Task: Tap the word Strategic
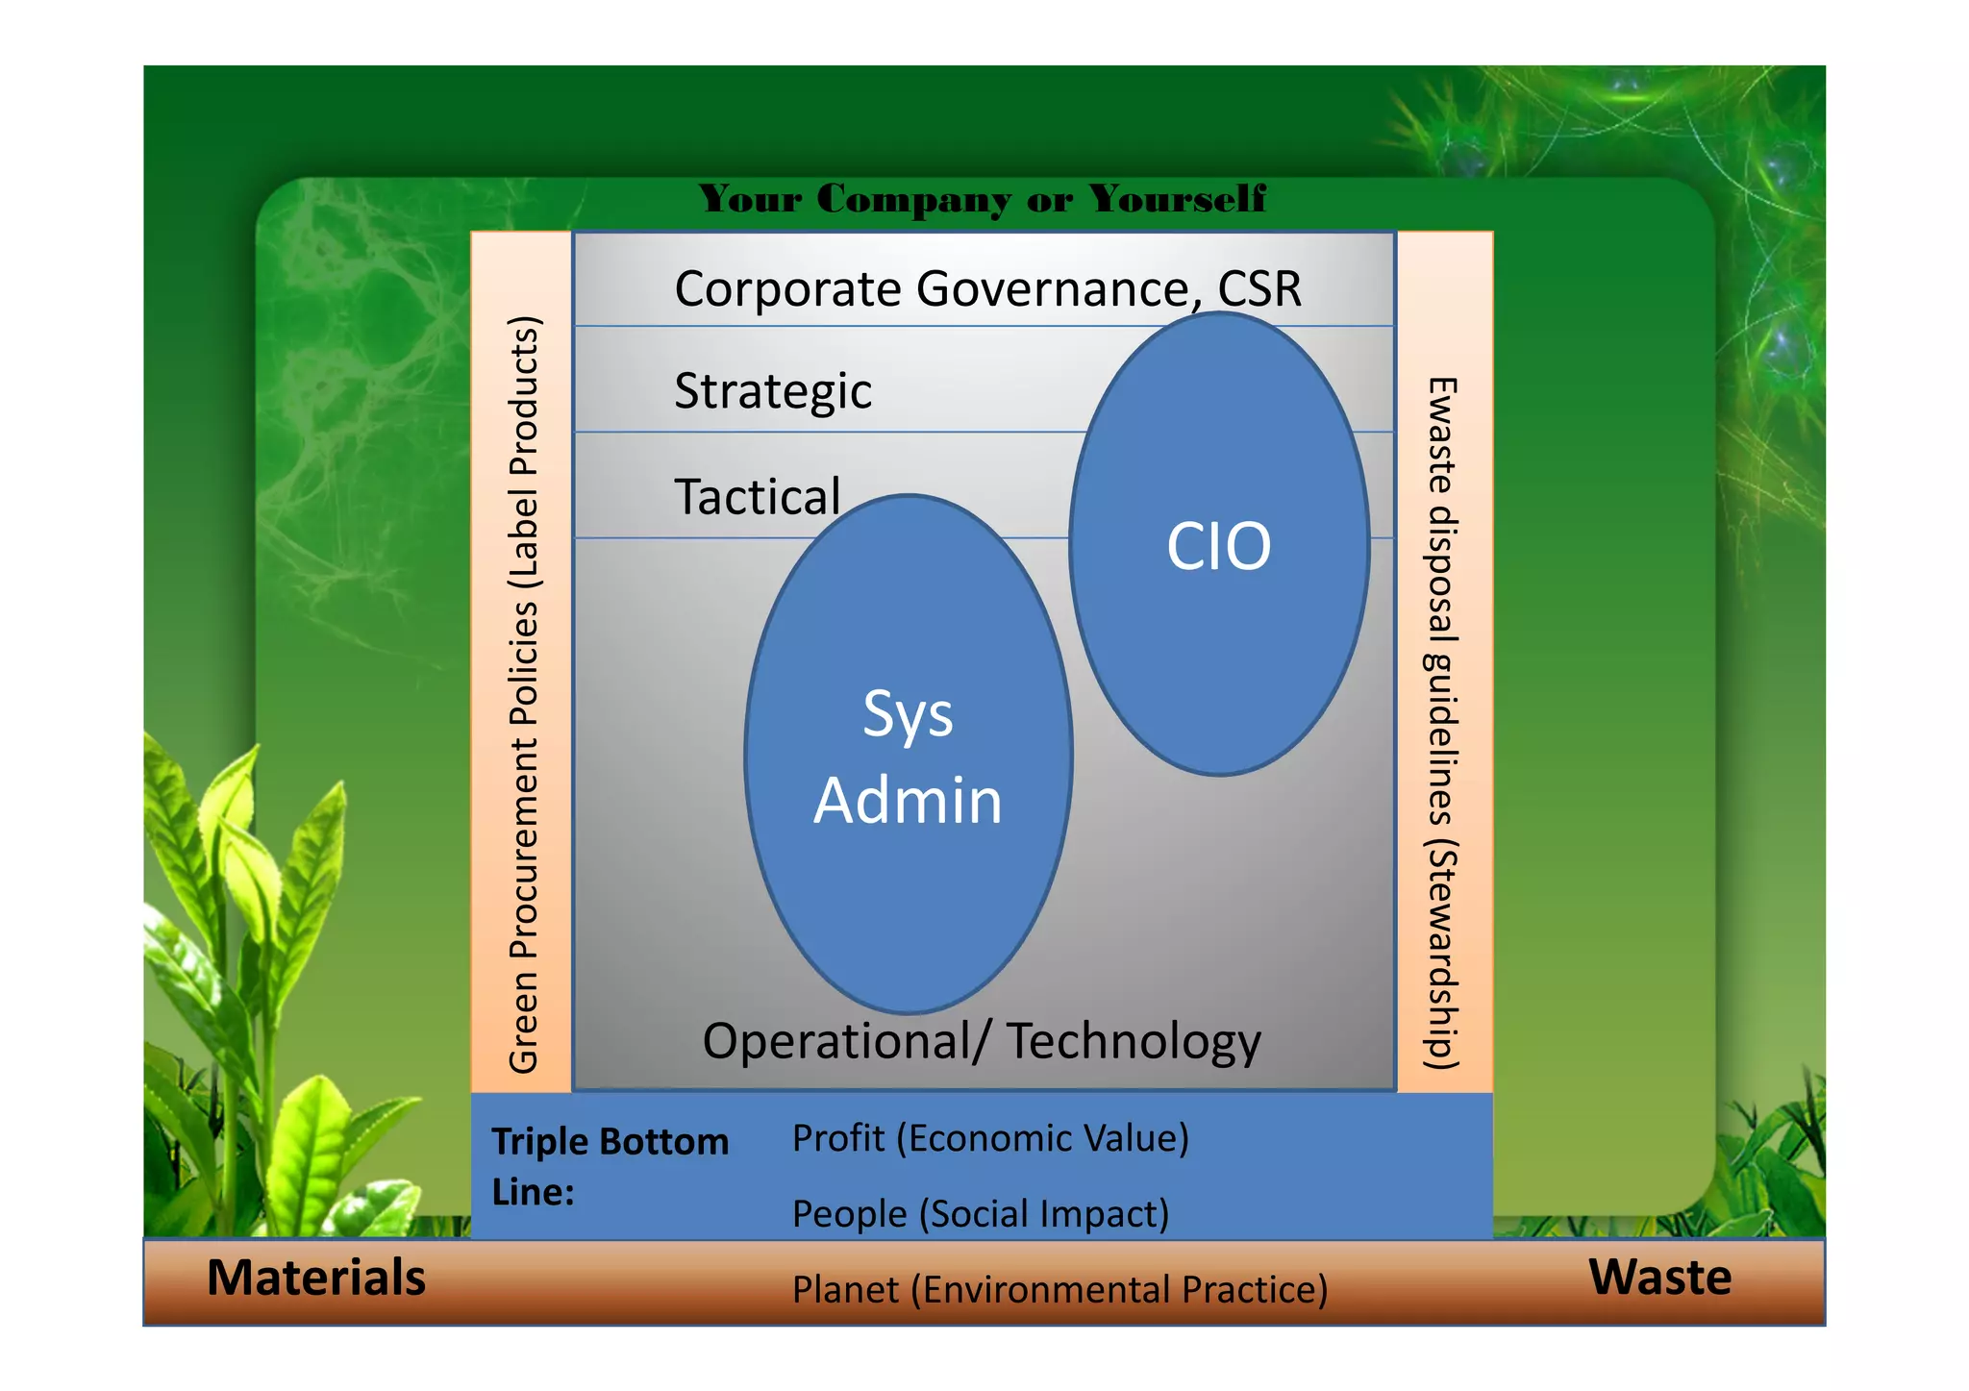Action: [773, 391]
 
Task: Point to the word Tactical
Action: [758, 497]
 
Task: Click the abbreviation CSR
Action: [1259, 288]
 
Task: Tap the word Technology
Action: [1134, 1041]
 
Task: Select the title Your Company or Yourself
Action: [982, 199]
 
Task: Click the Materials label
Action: [316, 1278]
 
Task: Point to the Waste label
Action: [1659, 1278]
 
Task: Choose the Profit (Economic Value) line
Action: [990, 1138]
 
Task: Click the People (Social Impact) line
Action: [981, 1213]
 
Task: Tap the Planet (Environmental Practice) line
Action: [1059, 1289]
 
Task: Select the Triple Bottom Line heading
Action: [610, 1165]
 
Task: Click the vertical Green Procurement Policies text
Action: [524, 694]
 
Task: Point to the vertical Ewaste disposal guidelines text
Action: [1441, 723]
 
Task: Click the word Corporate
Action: [788, 288]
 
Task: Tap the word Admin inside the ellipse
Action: [908, 800]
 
